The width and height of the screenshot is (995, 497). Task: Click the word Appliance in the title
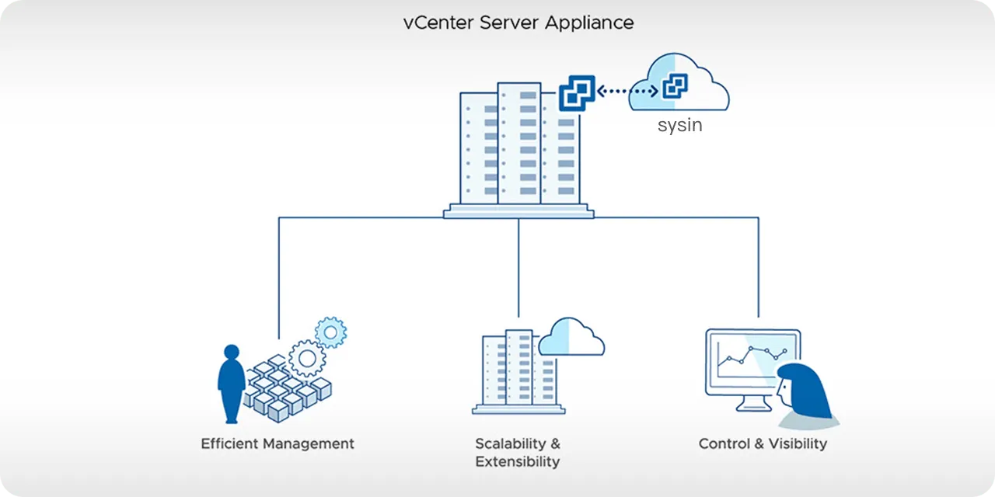coord(588,23)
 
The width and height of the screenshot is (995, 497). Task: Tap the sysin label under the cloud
coord(679,125)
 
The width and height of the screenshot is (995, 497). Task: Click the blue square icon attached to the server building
coord(577,92)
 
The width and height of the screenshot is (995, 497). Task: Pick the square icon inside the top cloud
coord(674,86)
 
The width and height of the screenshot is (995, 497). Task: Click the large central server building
coord(518,148)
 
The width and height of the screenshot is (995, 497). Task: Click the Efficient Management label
coord(278,444)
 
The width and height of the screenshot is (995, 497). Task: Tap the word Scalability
coord(509,444)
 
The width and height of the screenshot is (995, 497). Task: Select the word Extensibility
coord(517,462)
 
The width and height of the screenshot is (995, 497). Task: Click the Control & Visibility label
coord(763,444)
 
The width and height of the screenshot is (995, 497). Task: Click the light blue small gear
coord(331,333)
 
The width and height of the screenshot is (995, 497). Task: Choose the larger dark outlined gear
coord(307,359)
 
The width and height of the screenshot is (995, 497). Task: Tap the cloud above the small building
coord(571,338)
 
